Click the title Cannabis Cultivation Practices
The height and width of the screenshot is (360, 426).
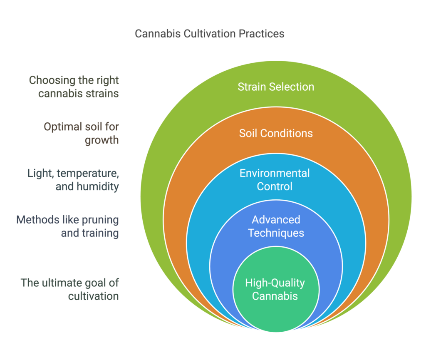[x=210, y=34]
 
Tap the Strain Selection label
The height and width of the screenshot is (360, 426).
[x=276, y=87]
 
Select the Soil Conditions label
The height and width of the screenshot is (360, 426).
[x=276, y=133]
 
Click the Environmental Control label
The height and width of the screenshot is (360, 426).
[x=275, y=179]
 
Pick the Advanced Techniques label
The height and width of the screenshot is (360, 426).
[x=276, y=226]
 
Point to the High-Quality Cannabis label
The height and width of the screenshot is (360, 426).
[x=275, y=290]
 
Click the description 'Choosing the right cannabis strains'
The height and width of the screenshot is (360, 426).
[x=74, y=87]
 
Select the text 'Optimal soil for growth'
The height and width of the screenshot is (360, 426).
[x=81, y=133]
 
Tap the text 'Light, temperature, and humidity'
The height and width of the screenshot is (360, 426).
[x=73, y=179]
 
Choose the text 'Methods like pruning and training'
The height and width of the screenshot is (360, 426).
[x=67, y=226]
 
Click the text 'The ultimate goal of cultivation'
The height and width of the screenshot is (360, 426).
[x=70, y=290]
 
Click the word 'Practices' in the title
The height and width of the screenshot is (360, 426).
[x=262, y=34]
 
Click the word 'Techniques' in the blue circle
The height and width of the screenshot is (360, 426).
[x=276, y=233]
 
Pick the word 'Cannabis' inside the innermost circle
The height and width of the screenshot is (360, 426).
[x=275, y=296]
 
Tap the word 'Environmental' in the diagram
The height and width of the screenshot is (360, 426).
[x=275, y=173]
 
